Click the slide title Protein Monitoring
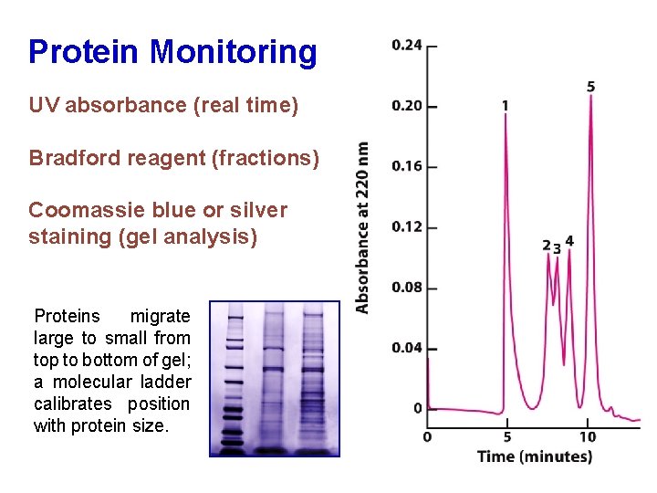pos(172,52)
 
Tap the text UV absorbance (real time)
pos(163,105)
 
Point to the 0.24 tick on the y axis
pos(407,45)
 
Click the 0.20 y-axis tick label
pos(407,106)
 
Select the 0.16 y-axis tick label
pos(407,166)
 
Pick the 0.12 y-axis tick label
pos(407,226)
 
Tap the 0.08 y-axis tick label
pos(407,288)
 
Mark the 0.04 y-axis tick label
pos(407,348)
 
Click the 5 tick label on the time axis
pos(506,436)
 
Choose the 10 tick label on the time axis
pos(588,436)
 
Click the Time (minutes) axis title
pos(534,456)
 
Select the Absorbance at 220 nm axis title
pos(363,228)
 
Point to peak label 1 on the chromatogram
pos(505,106)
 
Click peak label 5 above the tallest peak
pos(591,87)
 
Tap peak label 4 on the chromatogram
pos(570,241)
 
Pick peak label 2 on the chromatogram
pos(546,246)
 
